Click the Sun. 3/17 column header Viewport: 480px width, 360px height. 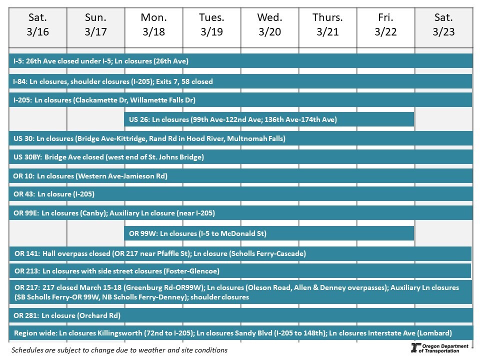click(x=95, y=25)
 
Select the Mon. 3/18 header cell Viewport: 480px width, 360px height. click(x=153, y=25)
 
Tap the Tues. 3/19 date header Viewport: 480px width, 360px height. click(x=211, y=25)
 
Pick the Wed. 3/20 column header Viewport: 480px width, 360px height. click(x=269, y=25)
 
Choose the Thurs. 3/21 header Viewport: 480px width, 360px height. click(x=327, y=25)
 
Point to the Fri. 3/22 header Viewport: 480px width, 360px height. click(x=385, y=25)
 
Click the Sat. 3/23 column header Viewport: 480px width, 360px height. click(x=443, y=25)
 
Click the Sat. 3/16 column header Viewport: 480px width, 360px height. click(x=38, y=25)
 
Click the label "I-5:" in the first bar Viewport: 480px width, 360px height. click(x=18, y=61)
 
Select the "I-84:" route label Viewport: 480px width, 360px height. click(x=20, y=81)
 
